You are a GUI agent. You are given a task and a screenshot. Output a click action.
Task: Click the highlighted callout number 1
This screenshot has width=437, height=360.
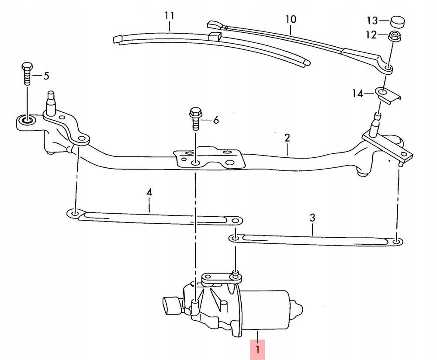pos(258,350)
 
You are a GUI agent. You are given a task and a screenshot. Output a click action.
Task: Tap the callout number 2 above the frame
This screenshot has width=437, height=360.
pos(287,138)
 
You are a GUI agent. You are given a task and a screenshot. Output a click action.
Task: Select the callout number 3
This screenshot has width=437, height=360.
pos(312,217)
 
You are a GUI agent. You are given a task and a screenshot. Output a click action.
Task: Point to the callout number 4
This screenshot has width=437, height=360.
pos(149,192)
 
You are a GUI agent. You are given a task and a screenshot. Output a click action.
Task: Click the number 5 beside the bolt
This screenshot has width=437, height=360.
pos(46,76)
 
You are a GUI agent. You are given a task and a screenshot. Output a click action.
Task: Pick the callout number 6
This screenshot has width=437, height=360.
pos(216,120)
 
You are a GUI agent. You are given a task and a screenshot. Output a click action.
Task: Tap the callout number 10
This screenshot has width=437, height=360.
pos(291,19)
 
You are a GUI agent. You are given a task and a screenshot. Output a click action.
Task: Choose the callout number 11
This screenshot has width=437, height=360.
pos(169,16)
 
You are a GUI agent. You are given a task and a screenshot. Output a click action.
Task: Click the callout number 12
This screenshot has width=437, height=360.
pos(371,35)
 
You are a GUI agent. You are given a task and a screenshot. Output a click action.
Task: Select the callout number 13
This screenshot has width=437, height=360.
pos(372,21)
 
